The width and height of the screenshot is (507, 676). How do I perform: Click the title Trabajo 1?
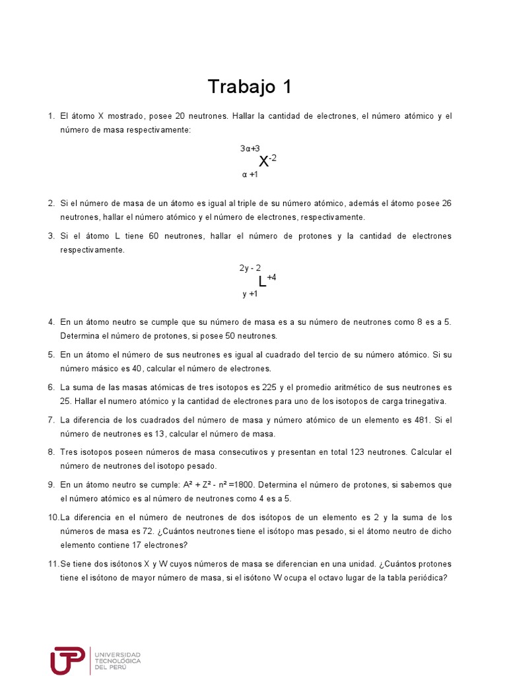coord(249,86)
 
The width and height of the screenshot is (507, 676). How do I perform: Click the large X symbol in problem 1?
coord(263,162)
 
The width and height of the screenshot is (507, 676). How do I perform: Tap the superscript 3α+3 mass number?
coord(250,149)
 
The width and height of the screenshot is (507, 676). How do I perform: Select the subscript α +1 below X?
coord(250,175)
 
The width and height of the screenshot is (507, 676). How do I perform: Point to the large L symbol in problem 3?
coord(262,281)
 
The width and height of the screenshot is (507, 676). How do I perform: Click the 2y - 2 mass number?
coord(250,268)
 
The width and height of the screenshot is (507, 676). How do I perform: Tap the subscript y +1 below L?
coord(250,294)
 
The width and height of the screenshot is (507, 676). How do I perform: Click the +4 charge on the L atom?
coord(271,277)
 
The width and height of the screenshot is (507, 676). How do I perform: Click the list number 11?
coord(53,564)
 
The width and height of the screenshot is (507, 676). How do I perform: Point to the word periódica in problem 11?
coord(428,578)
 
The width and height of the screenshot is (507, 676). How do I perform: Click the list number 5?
coord(51,355)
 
